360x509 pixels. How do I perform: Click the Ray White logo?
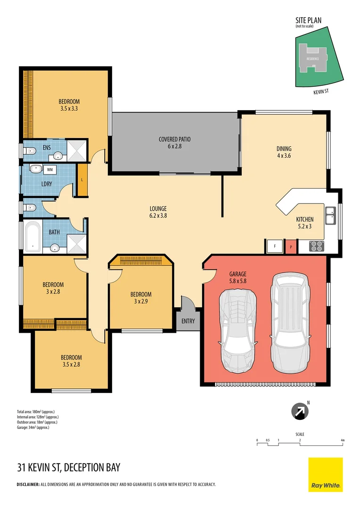[x=326, y=475]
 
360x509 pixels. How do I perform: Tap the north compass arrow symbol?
[x=298, y=412]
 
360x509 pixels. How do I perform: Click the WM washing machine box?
[x=50, y=169]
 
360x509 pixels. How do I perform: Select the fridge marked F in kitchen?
[x=273, y=246]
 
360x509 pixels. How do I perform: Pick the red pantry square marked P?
[x=291, y=246]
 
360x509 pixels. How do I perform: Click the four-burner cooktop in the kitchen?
[x=316, y=246]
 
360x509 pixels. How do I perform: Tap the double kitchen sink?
[x=330, y=216]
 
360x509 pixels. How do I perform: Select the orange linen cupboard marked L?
[x=82, y=180]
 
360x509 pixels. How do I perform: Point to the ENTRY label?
[x=188, y=321]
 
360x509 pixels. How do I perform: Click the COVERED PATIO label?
[x=174, y=139]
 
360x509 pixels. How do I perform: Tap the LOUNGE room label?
[x=158, y=209]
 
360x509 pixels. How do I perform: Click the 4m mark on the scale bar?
[x=343, y=440]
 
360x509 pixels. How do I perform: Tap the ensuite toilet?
[x=30, y=151]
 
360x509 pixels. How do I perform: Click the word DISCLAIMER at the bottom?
[x=28, y=484]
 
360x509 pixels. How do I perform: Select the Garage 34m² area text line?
[x=33, y=427]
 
